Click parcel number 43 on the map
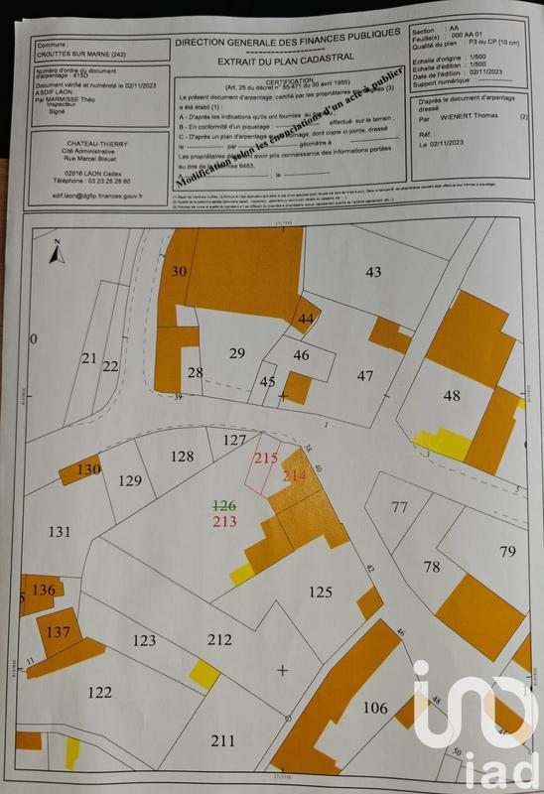[373, 272]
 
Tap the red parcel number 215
[265, 459]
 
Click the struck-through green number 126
[224, 505]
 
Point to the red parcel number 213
[224, 521]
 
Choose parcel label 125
[320, 593]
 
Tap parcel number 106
[374, 707]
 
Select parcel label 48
[452, 396]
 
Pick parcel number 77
[399, 507]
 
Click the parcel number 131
[61, 532]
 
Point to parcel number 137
[59, 632]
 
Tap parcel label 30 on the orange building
[179, 271]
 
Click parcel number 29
[236, 353]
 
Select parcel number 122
[99, 692]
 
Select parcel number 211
[222, 739]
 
